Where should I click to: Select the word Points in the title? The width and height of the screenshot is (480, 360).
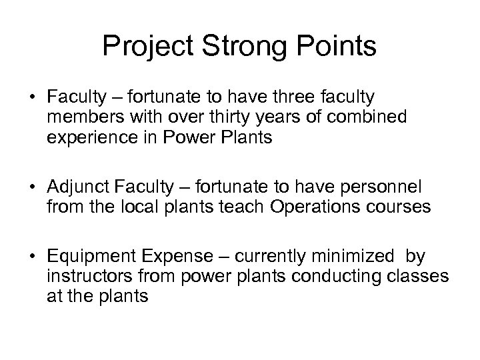[x=335, y=47]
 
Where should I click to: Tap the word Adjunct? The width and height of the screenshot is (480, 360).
[x=78, y=185]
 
